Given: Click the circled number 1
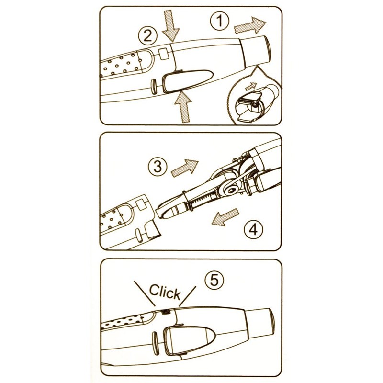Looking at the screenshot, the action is [220, 21].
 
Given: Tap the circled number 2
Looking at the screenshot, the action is [147, 36].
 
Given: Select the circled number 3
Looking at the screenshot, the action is [158, 167].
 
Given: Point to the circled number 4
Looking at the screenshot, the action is [253, 229].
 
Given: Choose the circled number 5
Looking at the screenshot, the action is [214, 280].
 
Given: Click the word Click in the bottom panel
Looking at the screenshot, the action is [165, 292].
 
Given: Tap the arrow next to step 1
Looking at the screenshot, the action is [250, 25].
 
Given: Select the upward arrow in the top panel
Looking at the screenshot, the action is [183, 106].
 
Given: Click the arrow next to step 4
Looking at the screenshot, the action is [225, 217].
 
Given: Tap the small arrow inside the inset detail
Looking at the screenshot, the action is [251, 86].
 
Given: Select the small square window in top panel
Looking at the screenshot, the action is [163, 54].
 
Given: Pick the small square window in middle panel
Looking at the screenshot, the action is [140, 204].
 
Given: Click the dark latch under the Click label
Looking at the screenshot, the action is [166, 312].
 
